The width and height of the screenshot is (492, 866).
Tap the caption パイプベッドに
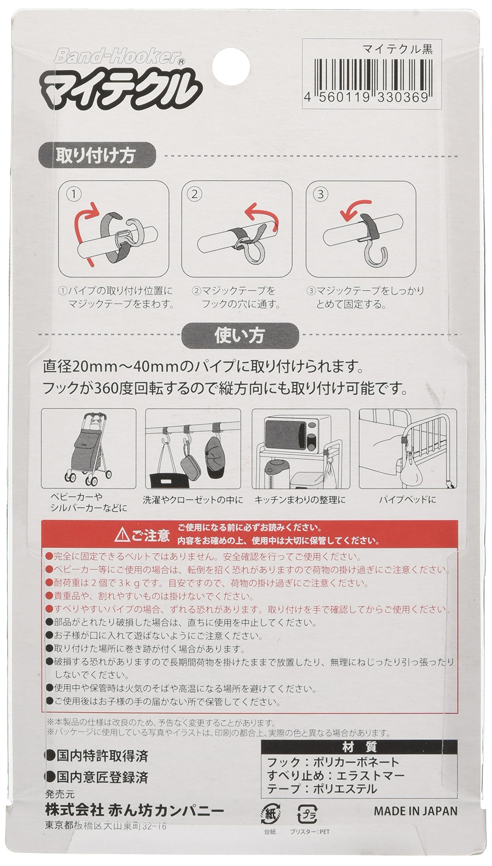[x=407, y=499]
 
